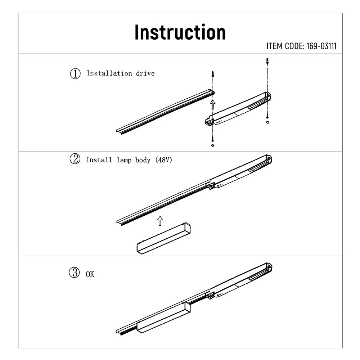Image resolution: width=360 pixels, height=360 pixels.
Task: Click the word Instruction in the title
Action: [180, 32]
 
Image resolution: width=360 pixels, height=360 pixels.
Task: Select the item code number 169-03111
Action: [321, 46]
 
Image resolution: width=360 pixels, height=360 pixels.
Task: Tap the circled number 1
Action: [75, 74]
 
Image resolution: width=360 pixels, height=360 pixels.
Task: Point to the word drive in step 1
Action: [145, 73]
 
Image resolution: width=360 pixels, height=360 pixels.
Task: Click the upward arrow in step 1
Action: [213, 104]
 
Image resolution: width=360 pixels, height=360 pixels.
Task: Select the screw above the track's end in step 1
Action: [213, 75]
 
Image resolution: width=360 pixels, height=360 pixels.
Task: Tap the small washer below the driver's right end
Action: [267, 123]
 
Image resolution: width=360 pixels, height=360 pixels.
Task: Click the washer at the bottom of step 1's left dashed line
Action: [212, 145]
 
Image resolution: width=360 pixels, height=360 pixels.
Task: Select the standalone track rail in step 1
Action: [166, 112]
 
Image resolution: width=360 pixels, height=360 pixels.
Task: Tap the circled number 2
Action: [75, 159]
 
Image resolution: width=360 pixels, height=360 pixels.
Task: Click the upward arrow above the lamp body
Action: [159, 221]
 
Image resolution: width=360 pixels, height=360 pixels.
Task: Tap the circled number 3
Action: [74, 273]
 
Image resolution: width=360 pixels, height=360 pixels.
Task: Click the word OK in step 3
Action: [90, 274]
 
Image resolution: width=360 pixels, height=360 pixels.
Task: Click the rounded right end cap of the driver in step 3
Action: [269, 267]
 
